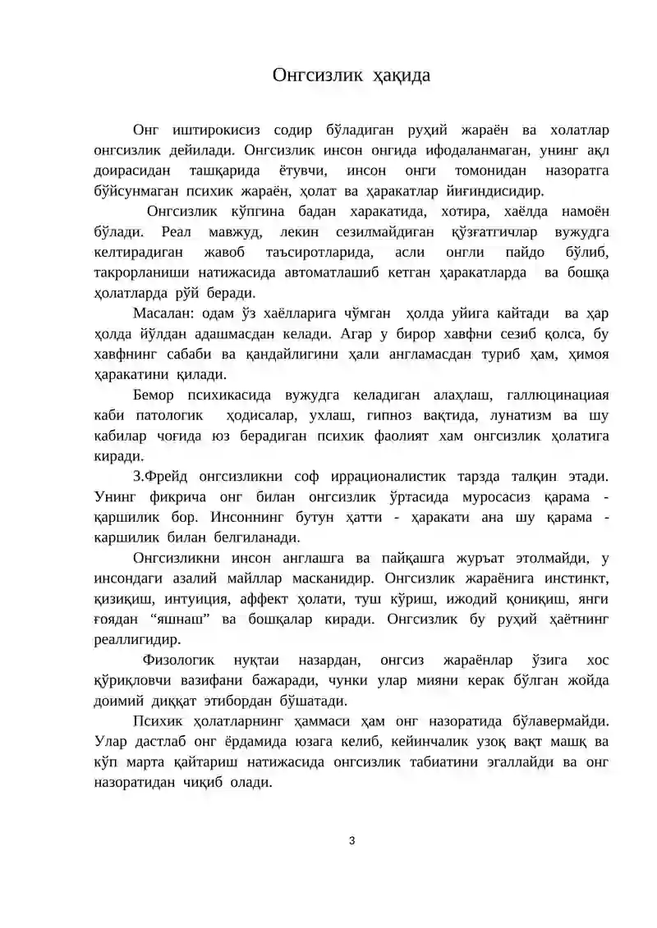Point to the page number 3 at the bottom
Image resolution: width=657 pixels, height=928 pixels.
(351, 839)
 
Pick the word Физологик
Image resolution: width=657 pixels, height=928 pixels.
(178, 661)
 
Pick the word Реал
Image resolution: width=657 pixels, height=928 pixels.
(176, 232)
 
